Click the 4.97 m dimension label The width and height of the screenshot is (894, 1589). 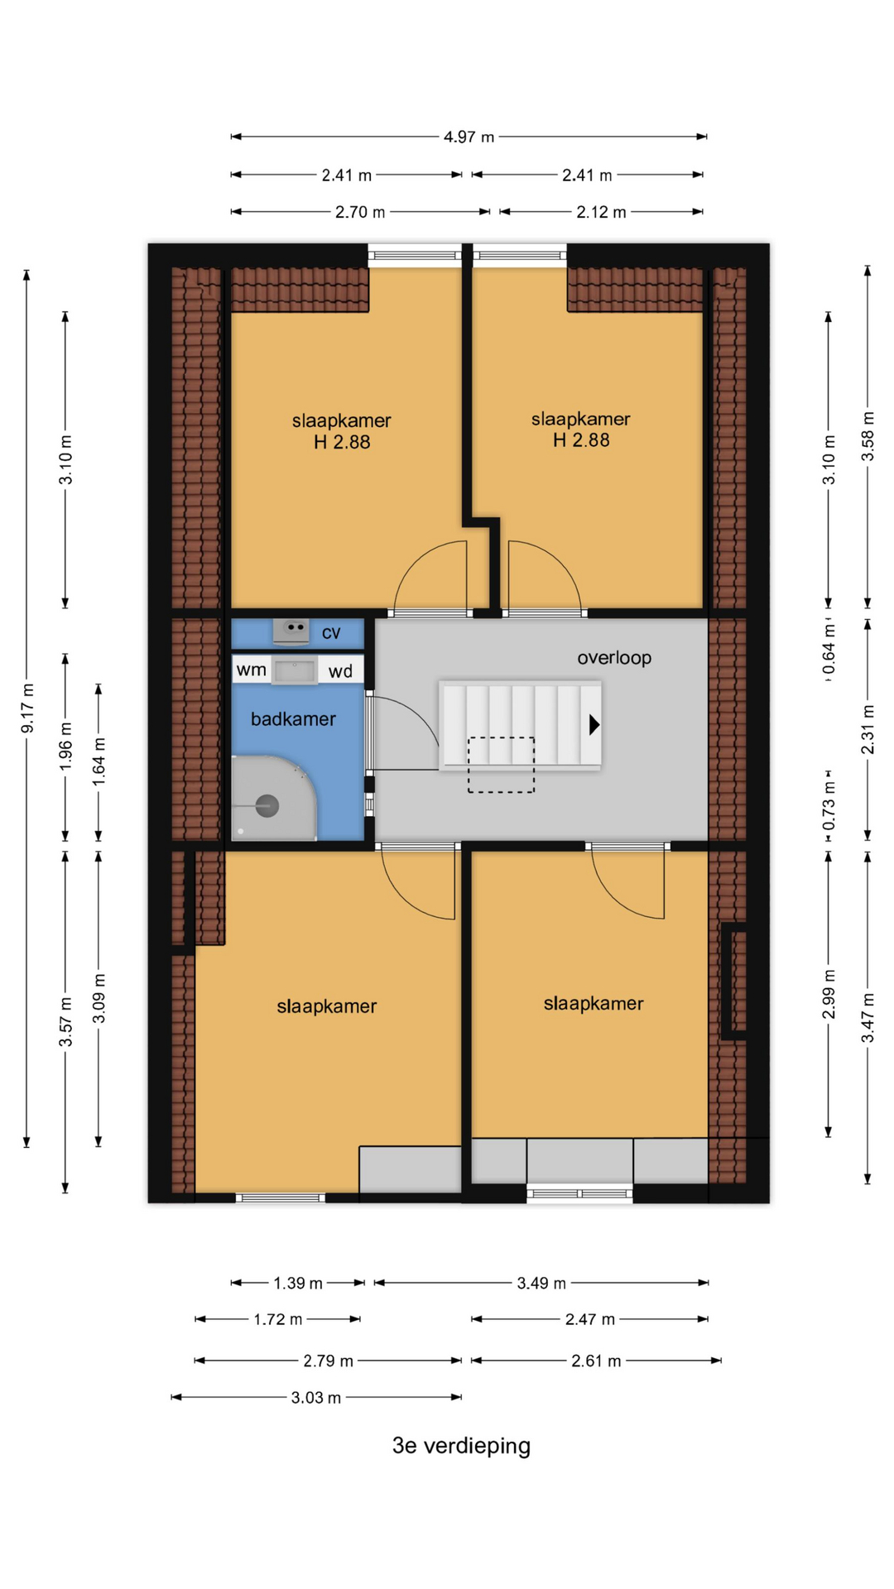tap(469, 137)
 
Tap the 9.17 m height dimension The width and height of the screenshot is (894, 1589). tap(27, 708)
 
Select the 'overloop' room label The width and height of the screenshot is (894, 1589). tap(614, 658)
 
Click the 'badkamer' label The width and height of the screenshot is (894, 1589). tap(293, 719)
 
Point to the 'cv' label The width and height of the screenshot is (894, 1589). tap(331, 633)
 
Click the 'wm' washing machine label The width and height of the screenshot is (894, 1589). tap(251, 670)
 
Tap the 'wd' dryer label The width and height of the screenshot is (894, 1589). tap(340, 671)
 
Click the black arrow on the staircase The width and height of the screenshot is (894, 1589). tap(594, 725)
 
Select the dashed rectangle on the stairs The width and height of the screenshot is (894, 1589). tap(501, 765)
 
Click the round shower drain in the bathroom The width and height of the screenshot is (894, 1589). tap(267, 805)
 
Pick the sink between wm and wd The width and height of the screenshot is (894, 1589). tap(295, 670)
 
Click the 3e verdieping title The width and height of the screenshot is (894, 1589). tap(461, 1446)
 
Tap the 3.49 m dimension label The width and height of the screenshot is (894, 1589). tap(541, 1284)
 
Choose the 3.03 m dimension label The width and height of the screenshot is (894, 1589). tap(315, 1398)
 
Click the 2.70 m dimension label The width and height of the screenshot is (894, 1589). tap(360, 213)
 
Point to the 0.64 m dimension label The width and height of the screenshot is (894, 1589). tap(829, 650)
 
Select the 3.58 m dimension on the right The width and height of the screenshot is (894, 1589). tap(868, 436)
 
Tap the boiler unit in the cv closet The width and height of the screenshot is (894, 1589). tap(291, 631)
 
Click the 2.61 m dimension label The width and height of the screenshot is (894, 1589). tap(596, 1361)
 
